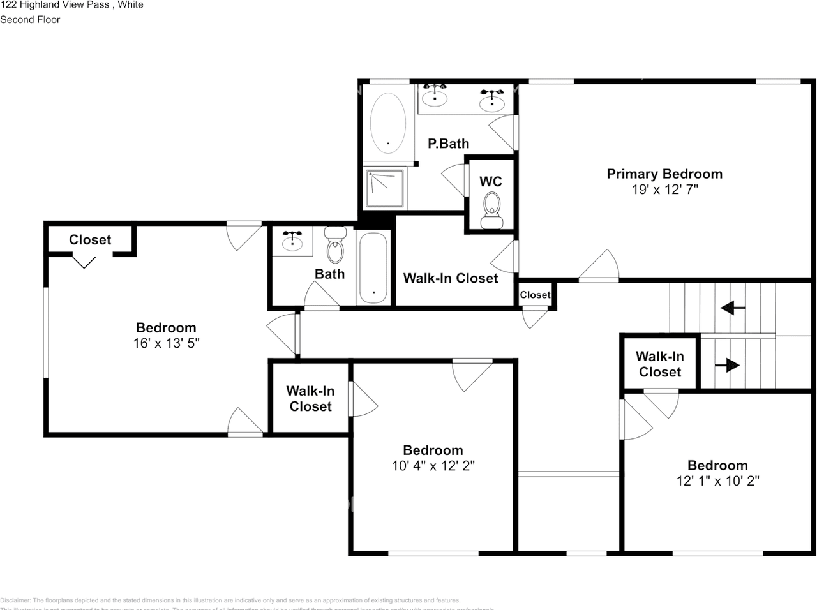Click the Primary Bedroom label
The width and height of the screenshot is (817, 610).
click(664, 174)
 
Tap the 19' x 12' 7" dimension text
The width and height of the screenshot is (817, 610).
click(664, 190)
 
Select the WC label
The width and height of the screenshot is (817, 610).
click(490, 182)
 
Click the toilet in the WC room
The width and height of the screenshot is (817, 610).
click(491, 210)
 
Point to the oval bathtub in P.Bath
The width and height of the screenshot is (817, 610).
click(387, 123)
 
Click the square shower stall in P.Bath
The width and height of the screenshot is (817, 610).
click(385, 188)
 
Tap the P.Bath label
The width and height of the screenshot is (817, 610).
click(448, 144)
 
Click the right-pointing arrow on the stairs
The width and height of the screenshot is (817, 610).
click(728, 366)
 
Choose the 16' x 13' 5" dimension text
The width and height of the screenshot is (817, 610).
click(166, 343)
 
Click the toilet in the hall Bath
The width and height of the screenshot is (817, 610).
click(334, 245)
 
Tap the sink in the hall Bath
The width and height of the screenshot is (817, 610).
click(292, 241)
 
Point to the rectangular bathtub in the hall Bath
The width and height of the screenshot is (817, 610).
click(373, 268)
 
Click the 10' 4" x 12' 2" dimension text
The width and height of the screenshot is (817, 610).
click(433, 466)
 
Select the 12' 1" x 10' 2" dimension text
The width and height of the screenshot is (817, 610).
click(717, 481)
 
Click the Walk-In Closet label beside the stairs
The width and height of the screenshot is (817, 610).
click(659, 364)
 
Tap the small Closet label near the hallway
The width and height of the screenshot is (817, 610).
click(535, 295)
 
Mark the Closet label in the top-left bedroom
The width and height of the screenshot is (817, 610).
click(90, 240)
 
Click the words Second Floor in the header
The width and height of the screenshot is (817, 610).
click(30, 20)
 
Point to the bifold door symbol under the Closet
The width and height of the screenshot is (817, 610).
click(84, 261)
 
